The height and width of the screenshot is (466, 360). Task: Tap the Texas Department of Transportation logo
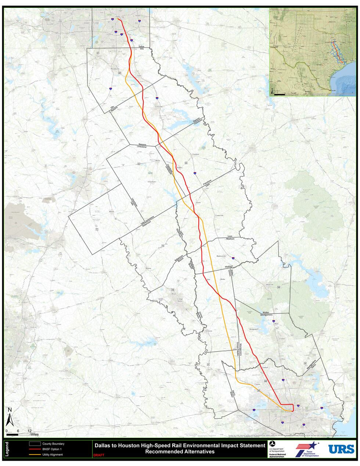(x=306, y=449)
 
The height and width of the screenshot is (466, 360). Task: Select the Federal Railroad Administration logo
(x=280, y=449)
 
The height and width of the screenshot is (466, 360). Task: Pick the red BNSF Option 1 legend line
(x=35, y=449)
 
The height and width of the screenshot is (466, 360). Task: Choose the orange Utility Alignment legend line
(x=35, y=455)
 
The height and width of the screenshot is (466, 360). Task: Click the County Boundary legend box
(x=35, y=444)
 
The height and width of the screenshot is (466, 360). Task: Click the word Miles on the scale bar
(x=35, y=434)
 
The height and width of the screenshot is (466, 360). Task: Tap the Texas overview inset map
(x=313, y=53)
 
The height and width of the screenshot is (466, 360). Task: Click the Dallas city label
(x=118, y=17)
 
